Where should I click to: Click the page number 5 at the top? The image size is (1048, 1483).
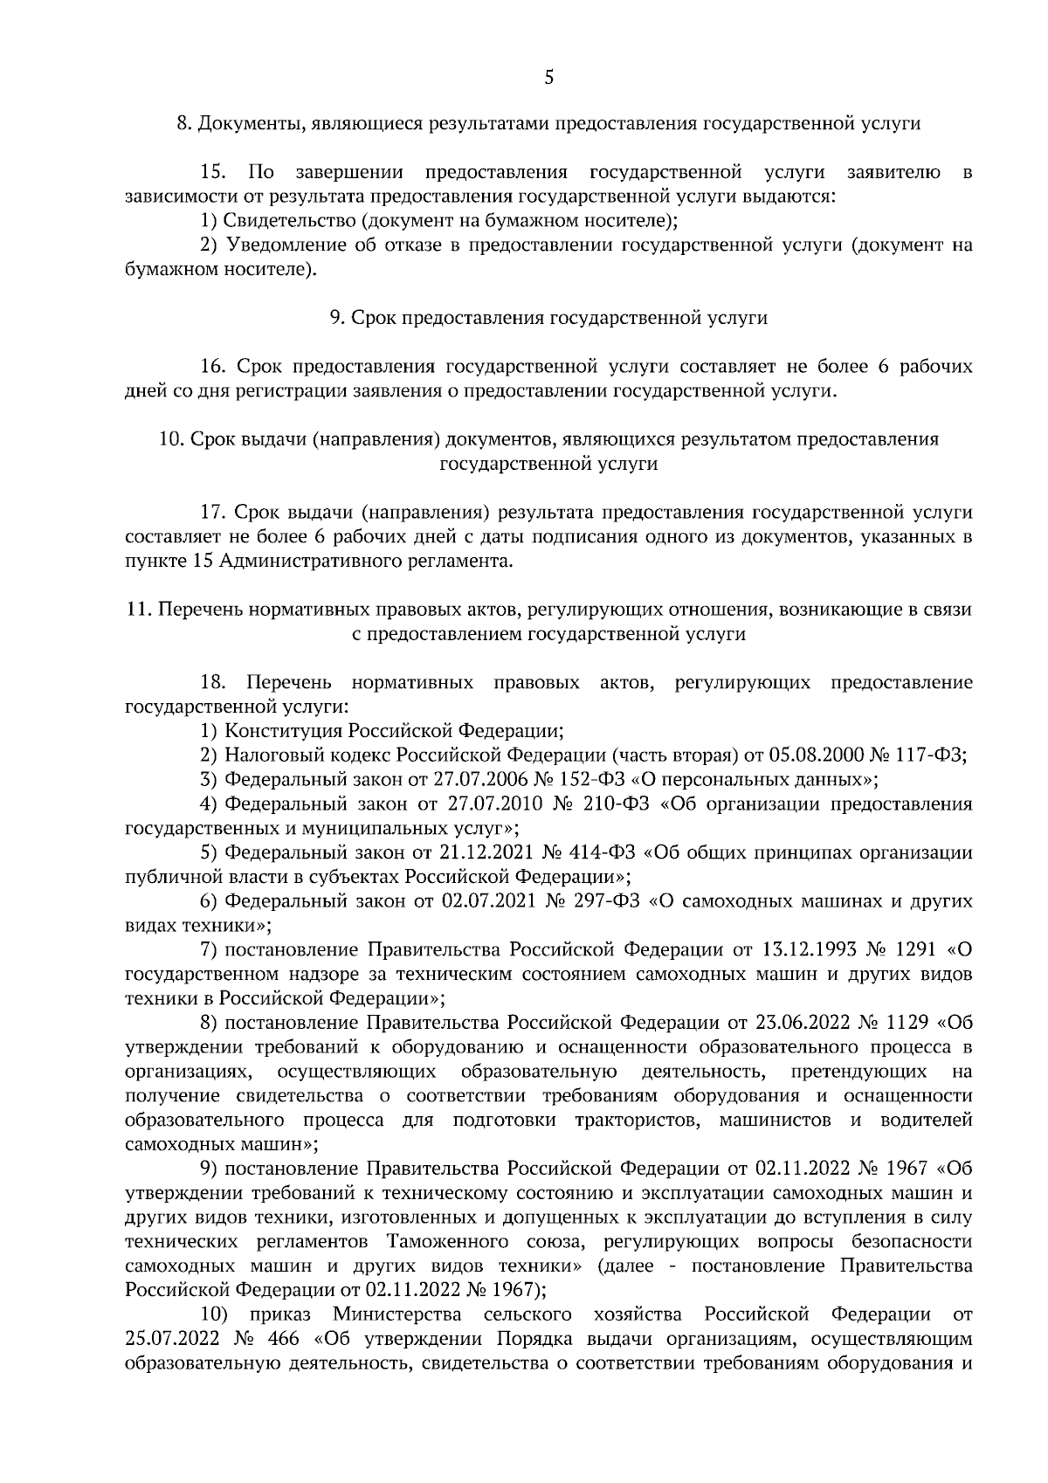(x=548, y=79)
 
